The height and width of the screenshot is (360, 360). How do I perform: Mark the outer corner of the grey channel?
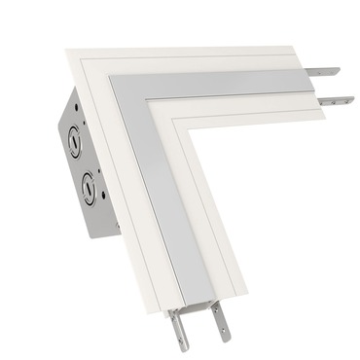(114, 79)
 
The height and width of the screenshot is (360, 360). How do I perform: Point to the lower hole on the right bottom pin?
(222, 324)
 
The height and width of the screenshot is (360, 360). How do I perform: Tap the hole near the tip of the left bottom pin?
(179, 337)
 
